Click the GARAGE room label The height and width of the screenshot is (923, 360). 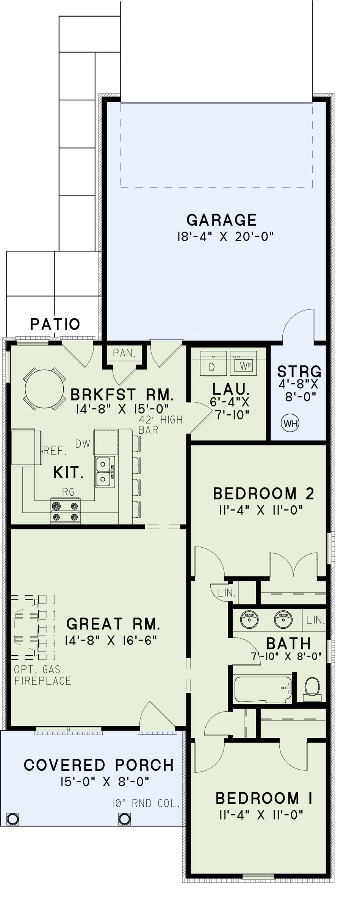coord(222,220)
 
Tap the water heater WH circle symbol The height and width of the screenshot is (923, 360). coord(290,423)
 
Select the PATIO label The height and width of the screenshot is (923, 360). coord(55,324)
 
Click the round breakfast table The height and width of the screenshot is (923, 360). coord(44,388)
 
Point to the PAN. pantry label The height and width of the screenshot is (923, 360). coord(124,353)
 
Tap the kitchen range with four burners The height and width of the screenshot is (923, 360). coord(66,511)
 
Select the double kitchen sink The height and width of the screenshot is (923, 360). coord(105,472)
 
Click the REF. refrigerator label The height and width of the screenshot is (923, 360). coord(55,451)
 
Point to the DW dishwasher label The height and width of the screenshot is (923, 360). coord(83,444)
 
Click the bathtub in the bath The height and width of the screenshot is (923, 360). coord(263,689)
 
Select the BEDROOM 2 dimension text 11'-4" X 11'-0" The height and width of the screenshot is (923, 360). coord(261,510)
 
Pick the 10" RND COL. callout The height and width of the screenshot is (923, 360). coord(146,803)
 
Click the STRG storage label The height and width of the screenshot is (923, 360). coord(299,372)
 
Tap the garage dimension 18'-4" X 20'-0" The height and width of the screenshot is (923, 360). coord(225,237)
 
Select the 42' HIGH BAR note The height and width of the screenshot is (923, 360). coord(160,425)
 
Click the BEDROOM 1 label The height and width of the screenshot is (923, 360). coord(264,798)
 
